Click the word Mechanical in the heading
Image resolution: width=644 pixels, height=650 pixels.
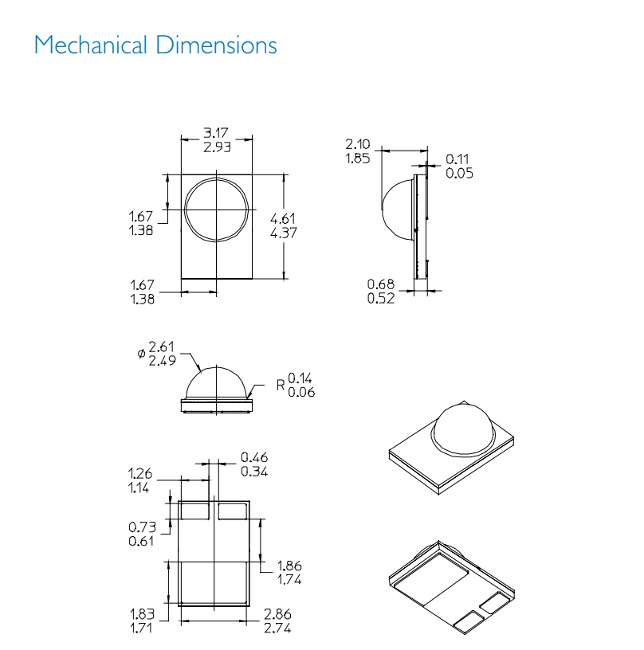[91, 45]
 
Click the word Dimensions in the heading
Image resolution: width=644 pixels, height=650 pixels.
[217, 45]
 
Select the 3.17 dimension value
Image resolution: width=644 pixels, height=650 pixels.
[216, 133]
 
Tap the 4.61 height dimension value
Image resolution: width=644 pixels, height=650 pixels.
[283, 218]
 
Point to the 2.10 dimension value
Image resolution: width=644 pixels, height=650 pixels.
[357, 144]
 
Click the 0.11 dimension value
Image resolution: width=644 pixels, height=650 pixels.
[457, 159]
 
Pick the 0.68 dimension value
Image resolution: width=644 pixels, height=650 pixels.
[381, 284]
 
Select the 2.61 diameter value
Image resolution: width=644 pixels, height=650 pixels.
[161, 347]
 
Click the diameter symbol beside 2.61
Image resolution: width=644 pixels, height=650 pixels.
[141, 353]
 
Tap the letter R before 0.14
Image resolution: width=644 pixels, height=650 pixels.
[281, 385]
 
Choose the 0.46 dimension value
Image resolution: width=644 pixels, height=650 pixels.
[254, 457]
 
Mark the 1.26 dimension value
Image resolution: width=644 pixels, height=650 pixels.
[140, 473]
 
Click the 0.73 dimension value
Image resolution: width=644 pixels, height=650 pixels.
[142, 527]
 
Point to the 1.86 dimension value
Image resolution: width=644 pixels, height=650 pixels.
[289, 566]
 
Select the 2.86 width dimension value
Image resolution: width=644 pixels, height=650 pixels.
[277, 614]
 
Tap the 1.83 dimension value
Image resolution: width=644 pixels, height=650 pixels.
[142, 614]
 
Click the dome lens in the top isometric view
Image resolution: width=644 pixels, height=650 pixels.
[463, 429]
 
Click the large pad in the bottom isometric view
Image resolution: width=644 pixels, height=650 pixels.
[431, 578]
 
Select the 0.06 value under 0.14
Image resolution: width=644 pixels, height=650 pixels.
[301, 392]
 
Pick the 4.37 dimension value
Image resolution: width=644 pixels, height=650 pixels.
[284, 233]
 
